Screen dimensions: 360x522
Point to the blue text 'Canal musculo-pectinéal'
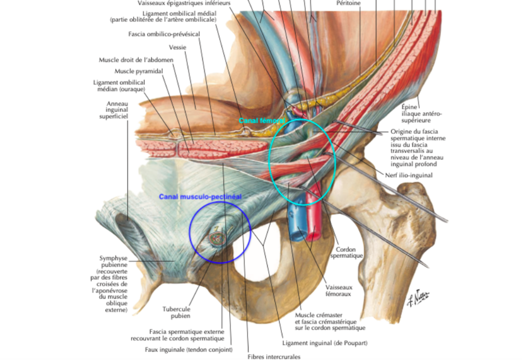click(x=200, y=197)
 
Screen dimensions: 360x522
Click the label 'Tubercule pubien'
click(x=176, y=312)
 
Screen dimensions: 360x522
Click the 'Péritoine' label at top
click(x=349, y=3)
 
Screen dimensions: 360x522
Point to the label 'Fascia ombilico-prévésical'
click(x=164, y=34)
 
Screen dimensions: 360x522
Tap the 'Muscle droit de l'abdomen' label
click(x=136, y=60)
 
